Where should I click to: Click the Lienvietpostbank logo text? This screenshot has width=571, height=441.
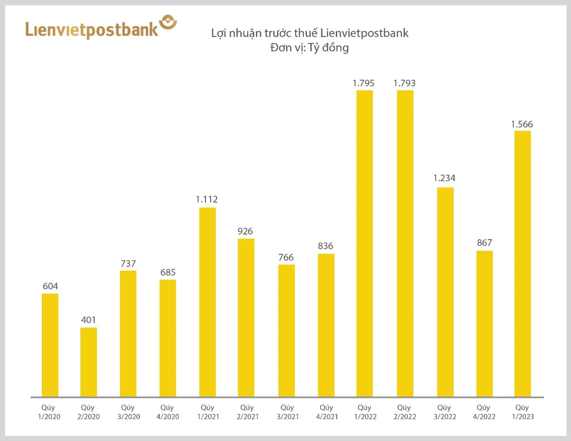pyautogui.click(x=91, y=30)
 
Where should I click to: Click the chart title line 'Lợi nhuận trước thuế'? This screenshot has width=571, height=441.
pyautogui.click(x=309, y=33)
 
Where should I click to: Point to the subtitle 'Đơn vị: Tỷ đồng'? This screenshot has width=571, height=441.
pyautogui.click(x=309, y=48)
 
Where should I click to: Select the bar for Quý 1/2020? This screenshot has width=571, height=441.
pyautogui.click(x=50, y=345)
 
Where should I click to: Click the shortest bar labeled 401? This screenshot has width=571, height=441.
pyautogui.click(x=89, y=362)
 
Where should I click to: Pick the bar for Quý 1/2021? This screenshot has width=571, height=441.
pyautogui.click(x=207, y=302)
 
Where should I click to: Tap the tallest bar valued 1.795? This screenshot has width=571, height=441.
pyautogui.click(x=364, y=243)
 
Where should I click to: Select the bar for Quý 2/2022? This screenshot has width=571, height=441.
pyautogui.click(x=404, y=243)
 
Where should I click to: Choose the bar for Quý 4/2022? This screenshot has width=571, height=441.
pyautogui.click(x=484, y=323)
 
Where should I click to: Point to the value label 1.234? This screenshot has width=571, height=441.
pyautogui.click(x=444, y=178)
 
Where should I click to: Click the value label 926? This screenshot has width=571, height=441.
pyautogui.click(x=246, y=231)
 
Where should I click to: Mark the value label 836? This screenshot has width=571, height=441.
pyautogui.click(x=325, y=246)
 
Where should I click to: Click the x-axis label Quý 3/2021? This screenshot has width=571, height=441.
pyautogui.click(x=286, y=412)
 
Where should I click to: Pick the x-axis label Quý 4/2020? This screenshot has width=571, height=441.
pyautogui.click(x=167, y=412)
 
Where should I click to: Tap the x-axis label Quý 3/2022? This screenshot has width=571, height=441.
pyautogui.click(x=444, y=412)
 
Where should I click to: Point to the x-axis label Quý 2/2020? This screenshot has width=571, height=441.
pyautogui.click(x=89, y=412)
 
